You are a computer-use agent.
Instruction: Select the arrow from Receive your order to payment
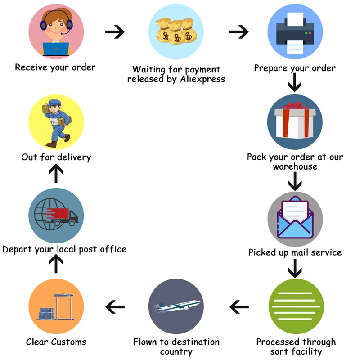(114, 32)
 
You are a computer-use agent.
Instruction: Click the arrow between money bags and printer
(239, 32)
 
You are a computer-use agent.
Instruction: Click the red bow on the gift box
(295, 106)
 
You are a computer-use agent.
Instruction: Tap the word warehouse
(295, 166)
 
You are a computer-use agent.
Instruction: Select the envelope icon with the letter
(295, 218)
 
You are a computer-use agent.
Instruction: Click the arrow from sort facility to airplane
(239, 307)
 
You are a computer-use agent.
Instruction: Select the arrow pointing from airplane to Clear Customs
(115, 307)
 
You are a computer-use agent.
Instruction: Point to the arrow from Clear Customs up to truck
(56, 264)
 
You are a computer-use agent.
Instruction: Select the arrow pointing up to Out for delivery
(56, 174)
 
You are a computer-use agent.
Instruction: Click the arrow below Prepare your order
(295, 82)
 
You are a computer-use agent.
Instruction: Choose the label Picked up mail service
(295, 252)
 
